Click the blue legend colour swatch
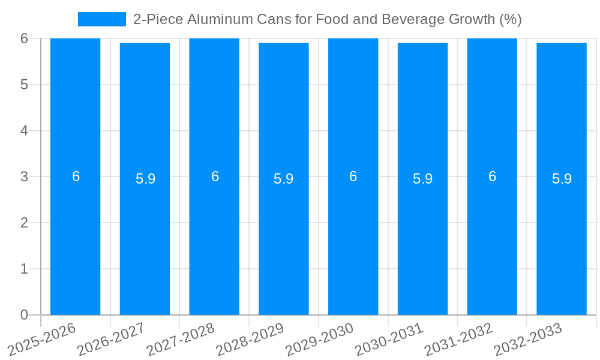tap(101, 19)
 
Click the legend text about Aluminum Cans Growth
tap(327, 19)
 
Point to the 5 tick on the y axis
tap(24, 85)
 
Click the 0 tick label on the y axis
tap(24, 315)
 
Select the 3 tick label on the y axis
tap(24, 177)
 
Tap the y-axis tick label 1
tap(24, 269)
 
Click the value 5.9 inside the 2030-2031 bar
tap(422, 179)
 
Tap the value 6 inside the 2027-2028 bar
tap(215, 176)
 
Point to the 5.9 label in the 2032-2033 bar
tap(562, 179)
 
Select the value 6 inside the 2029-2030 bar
tap(353, 176)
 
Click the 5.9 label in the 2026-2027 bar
tap(145, 179)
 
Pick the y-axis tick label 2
tap(24, 223)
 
